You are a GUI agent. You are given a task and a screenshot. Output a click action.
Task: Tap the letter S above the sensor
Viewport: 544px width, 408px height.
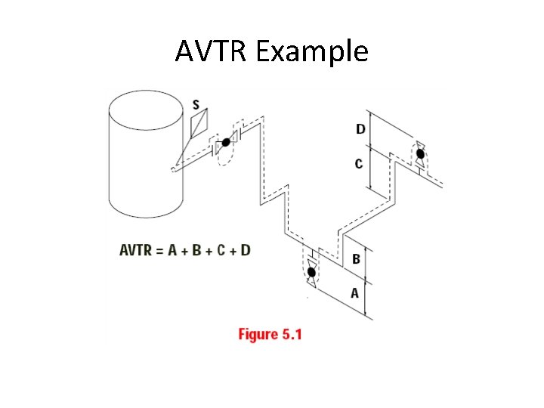(x=196, y=105)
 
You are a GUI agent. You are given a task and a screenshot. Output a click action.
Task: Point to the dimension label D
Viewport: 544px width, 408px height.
(x=360, y=129)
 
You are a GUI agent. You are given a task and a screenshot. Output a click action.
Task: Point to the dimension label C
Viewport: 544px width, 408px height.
(x=359, y=163)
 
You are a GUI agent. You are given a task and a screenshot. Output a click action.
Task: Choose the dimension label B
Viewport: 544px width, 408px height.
(x=356, y=259)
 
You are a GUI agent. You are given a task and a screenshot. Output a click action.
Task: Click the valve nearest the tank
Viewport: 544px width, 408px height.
(x=225, y=143)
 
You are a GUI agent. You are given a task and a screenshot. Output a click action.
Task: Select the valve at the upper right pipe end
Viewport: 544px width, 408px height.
(x=420, y=155)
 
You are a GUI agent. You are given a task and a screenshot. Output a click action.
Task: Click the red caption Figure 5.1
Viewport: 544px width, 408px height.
(x=270, y=334)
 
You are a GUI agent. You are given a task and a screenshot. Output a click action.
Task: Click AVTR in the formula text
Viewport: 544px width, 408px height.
(x=136, y=250)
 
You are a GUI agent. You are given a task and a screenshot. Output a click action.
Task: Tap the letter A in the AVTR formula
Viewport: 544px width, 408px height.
(x=174, y=250)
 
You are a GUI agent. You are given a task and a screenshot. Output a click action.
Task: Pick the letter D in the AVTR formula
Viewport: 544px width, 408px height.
(x=245, y=250)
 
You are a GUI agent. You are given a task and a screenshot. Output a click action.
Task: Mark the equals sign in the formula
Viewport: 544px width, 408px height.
(x=160, y=250)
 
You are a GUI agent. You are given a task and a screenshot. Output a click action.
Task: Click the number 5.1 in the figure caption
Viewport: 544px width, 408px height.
(x=290, y=334)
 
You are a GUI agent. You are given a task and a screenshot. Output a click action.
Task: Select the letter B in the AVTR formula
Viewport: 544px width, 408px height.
(x=197, y=250)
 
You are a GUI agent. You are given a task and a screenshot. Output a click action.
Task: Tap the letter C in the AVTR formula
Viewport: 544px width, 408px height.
(x=221, y=250)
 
